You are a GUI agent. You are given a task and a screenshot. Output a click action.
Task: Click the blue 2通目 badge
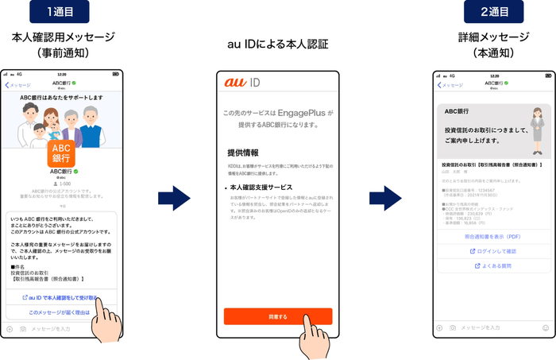point(492,13)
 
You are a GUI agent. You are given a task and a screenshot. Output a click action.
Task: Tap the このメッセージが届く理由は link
point(61,312)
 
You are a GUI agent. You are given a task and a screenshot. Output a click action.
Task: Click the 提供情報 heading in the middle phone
point(241,151)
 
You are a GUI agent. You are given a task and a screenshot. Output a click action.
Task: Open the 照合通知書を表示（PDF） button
point(492,236)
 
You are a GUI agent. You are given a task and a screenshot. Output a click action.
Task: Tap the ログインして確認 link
point(492,251)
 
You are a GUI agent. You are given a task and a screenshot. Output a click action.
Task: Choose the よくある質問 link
point(492,266)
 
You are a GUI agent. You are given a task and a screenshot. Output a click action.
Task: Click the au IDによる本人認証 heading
point(278,44)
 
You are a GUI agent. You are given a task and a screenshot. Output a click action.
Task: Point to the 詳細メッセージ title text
point(492,37)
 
